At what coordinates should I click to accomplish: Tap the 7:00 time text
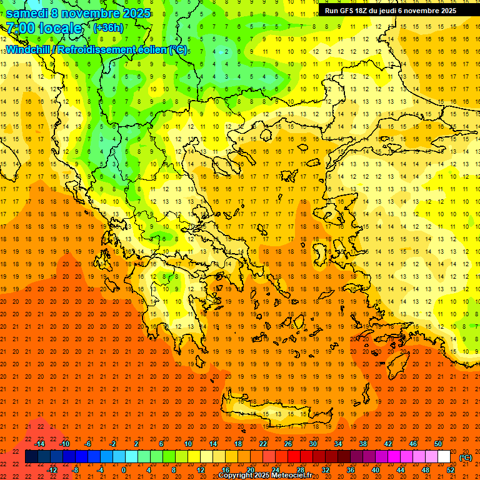19,28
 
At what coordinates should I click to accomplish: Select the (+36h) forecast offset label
108,28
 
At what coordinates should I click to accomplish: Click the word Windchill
31,49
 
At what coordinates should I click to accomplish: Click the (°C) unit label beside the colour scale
466,457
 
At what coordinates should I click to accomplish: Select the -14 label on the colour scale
39,444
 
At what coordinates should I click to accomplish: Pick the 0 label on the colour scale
124,470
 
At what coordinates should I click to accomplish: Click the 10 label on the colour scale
187,444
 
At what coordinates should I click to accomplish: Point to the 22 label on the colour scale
263,444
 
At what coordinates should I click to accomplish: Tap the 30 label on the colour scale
313,444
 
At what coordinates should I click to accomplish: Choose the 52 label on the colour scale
451,470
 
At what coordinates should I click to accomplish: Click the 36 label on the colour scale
351,470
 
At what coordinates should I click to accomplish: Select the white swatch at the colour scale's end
444,457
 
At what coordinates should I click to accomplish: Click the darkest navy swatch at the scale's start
31,457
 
